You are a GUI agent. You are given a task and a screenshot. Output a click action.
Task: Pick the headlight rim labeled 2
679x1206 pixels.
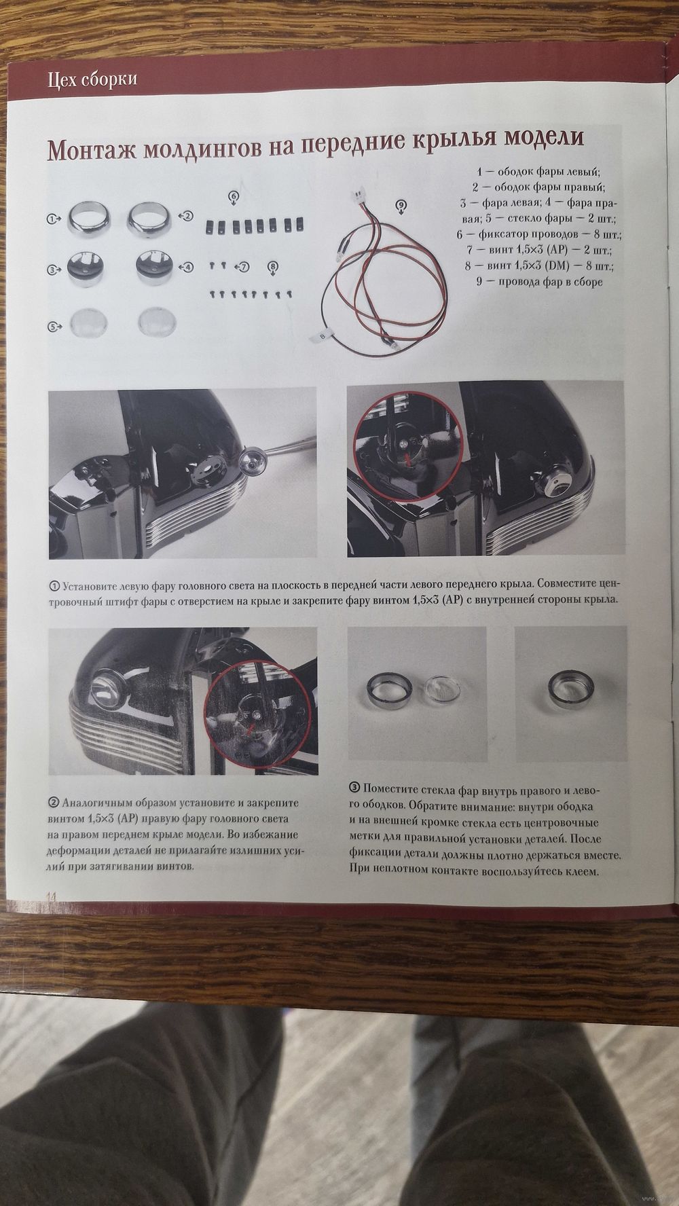pos(151,217)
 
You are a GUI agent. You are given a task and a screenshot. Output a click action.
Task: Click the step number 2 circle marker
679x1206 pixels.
pos(54,802)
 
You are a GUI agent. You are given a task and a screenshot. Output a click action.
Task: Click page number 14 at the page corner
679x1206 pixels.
pos(52,896)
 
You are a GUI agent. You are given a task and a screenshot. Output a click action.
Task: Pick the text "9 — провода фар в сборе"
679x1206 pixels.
pos(540,281)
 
